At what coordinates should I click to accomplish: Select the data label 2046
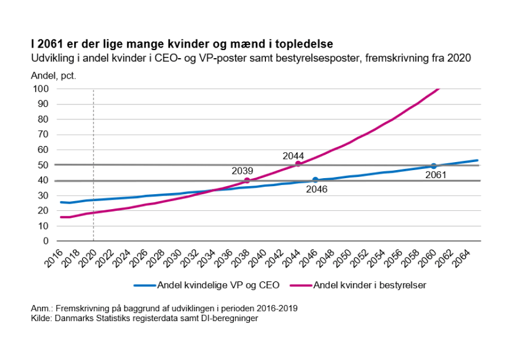coord(316,189)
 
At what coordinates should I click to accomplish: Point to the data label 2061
coord(436,175)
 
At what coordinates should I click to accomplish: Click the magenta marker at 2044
coord(298,163)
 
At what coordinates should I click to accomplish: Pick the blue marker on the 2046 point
coord(315,180)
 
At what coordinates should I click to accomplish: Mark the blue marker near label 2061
coord(434,166)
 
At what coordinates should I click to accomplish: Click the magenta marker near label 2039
coord(247,180)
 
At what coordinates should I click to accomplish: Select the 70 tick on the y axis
coord(44,134)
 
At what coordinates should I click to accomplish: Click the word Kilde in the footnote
coord(41,319)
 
